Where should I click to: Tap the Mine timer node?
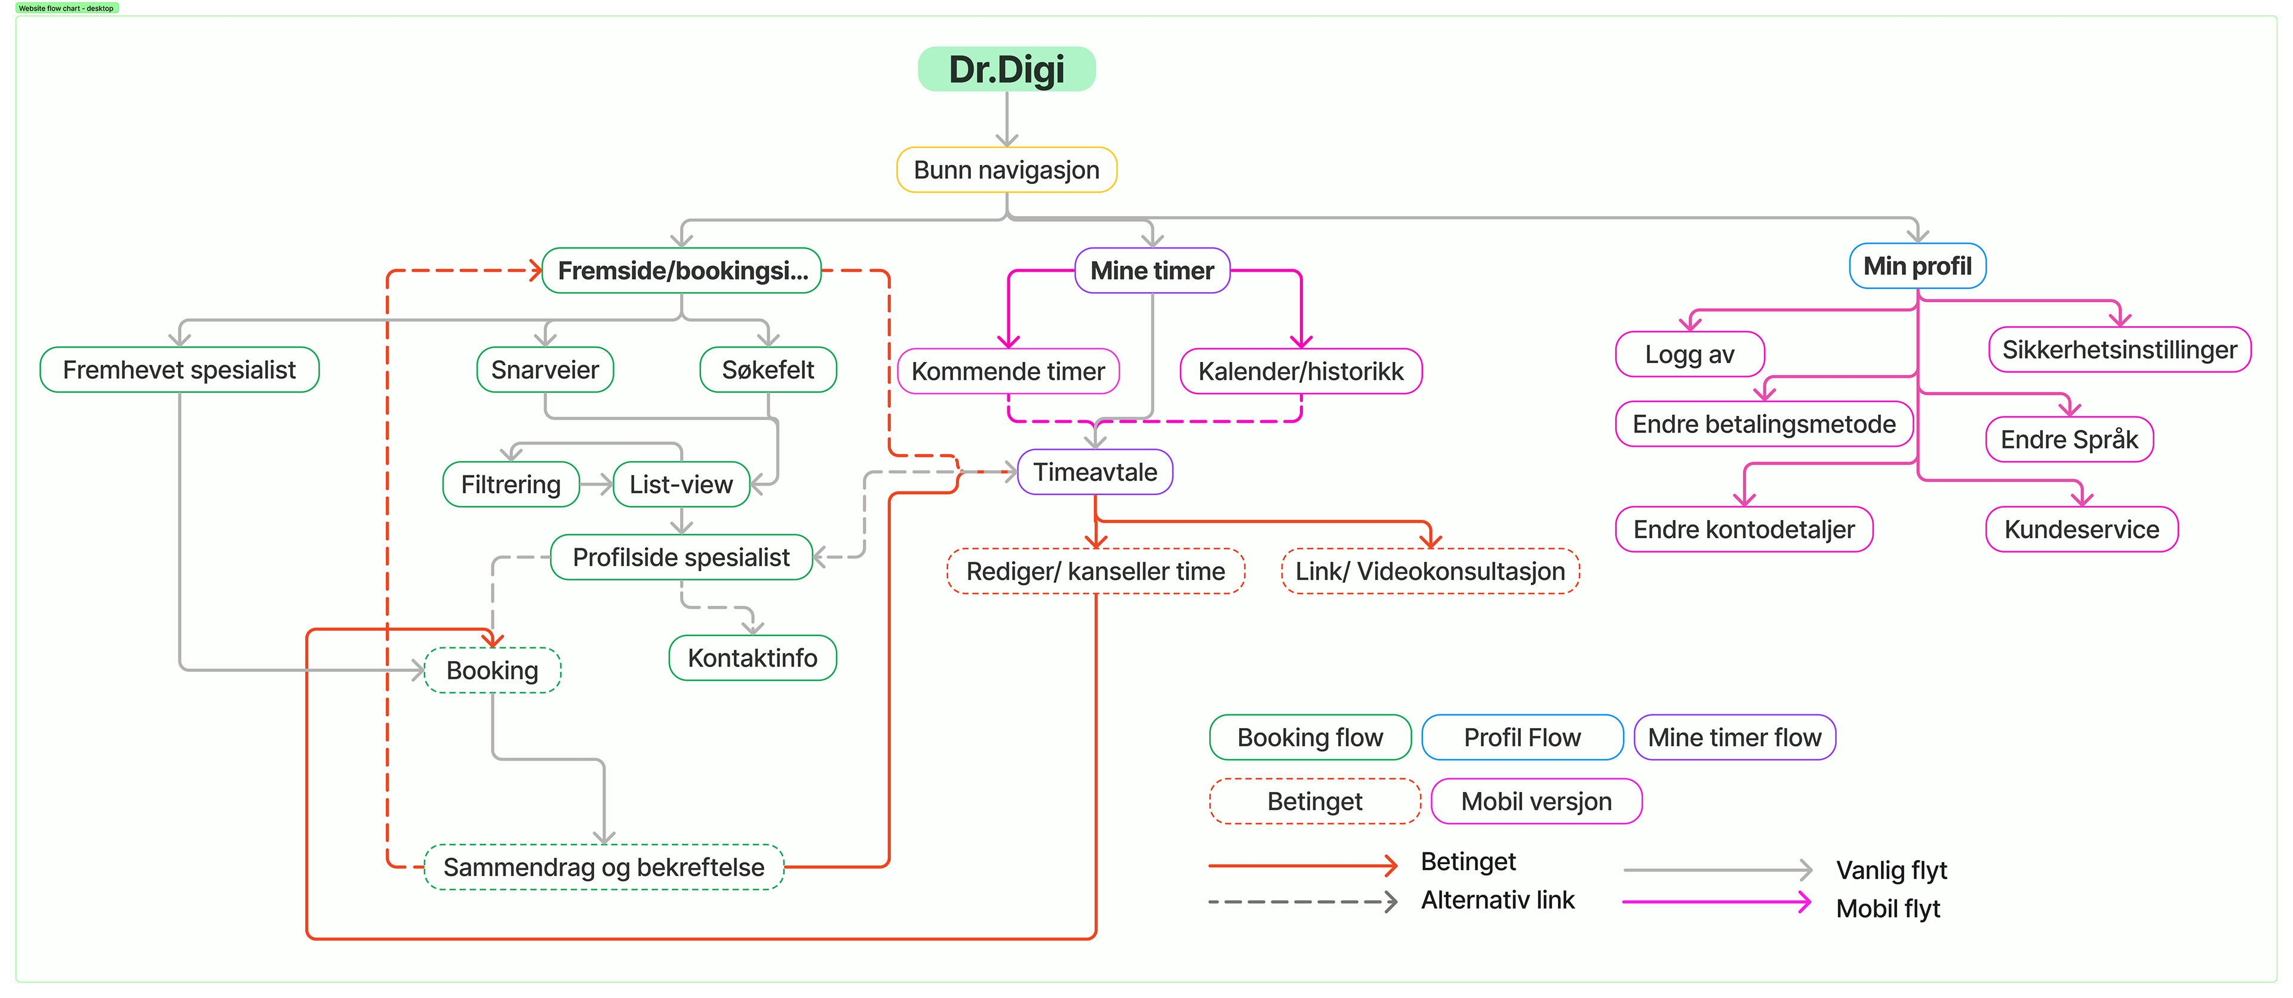1152,271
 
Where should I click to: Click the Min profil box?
1917,266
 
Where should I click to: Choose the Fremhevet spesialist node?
179,370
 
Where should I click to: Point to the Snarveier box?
545,370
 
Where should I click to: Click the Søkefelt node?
767,370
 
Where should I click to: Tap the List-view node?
681,484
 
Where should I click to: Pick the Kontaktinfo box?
752,658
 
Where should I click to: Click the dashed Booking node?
492,670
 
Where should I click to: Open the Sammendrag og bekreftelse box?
604,867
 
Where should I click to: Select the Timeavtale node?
1095,472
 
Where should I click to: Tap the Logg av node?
1689,354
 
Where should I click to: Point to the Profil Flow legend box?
1522,737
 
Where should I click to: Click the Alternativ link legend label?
1497,900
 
